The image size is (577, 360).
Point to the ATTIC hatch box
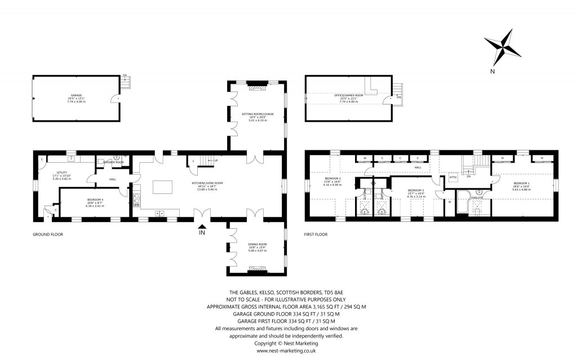pyautogui.click(x=452, y=177)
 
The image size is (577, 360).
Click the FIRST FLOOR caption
pyautogui.click(x=316, y=234)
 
